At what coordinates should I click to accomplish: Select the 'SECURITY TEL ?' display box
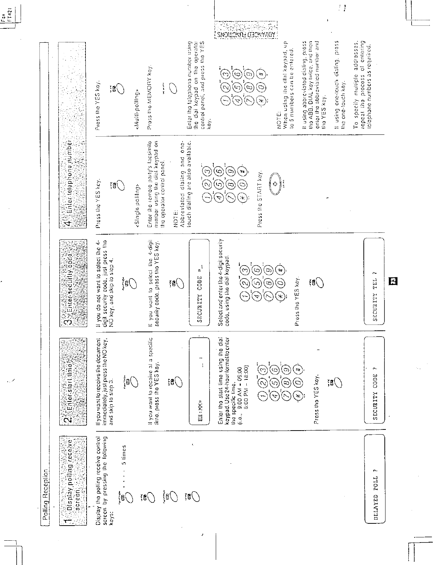[374, 281]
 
